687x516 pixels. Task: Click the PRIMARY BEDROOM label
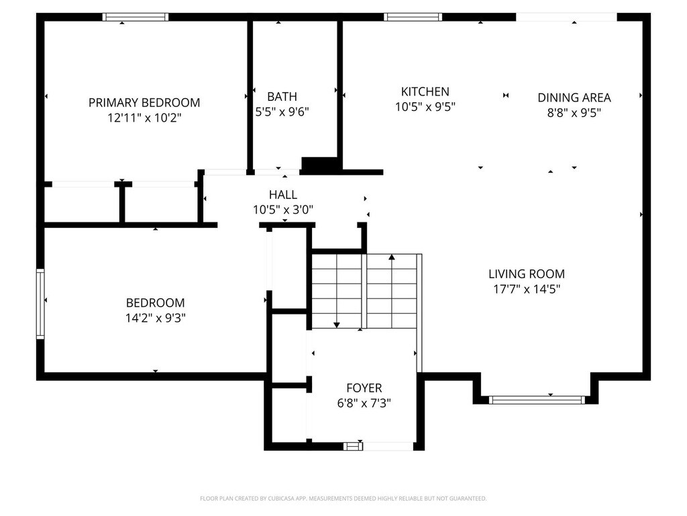tap(144, 103)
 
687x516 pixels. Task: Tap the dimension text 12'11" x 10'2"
tap(144, 118)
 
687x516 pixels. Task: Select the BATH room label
tap(282, 97)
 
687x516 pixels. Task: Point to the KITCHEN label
tap(425, 91)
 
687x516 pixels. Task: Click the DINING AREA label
tap(574, 97)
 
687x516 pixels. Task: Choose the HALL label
tap(282, 195)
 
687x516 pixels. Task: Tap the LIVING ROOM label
tap(527, 274)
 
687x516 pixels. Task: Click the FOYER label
tap(364, 388)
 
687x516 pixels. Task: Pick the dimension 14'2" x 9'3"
tap(156, 318)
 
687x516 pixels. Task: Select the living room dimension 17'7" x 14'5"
tap(527, 290)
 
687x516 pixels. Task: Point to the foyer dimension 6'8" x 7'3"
tap(364, 403)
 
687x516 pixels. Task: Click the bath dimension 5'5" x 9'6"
tap(282, 112)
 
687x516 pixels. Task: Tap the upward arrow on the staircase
tap(392, 257)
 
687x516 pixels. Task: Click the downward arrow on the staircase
tap(337, 325)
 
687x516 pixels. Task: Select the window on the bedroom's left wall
tap(40, 304)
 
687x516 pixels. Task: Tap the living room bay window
tap(537, 400)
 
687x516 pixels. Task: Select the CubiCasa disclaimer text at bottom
tap(343, 499)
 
